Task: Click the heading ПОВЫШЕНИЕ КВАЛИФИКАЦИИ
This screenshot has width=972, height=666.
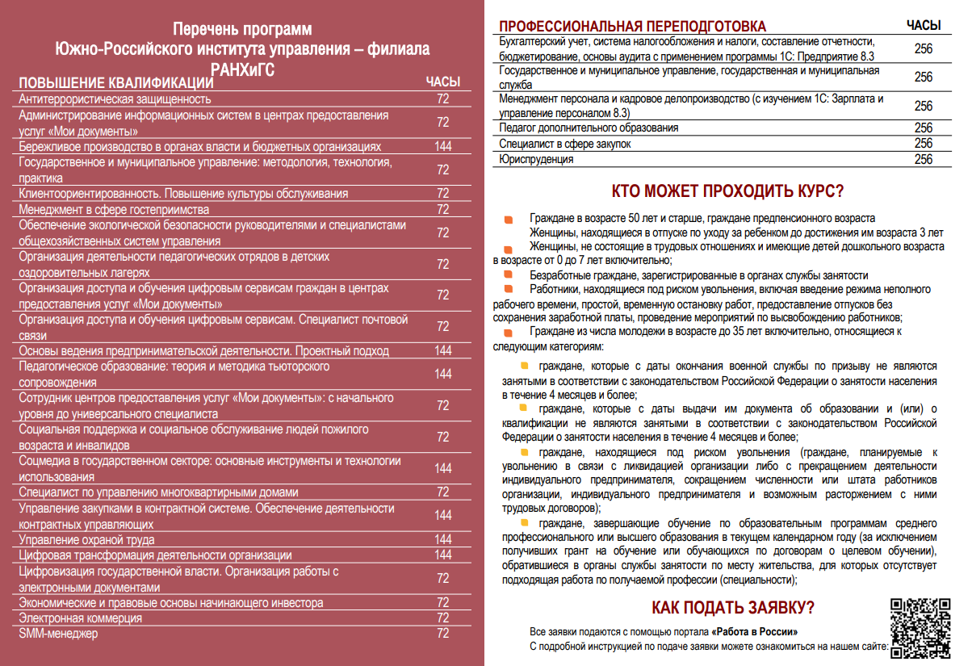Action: coord(115,83)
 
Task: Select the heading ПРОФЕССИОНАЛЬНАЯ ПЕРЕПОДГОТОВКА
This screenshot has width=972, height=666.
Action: coord(633,27)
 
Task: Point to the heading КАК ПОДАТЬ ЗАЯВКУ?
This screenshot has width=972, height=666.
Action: coord(732,608)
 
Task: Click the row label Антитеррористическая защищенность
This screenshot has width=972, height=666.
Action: coord(115,99)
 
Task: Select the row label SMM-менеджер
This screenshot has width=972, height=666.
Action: coord(58,634)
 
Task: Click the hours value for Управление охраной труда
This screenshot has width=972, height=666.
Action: coord(442,539)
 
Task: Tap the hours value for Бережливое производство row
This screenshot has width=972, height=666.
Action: coord(442,147)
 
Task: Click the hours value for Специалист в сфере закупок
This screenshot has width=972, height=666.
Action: coord(924,144)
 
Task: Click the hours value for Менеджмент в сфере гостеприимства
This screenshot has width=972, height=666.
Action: coord(442,210)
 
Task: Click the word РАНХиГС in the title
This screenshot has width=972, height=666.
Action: coord(242,68)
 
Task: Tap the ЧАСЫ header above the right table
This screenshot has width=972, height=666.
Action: coord(924,26)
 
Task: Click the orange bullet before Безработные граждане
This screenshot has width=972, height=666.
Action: coord(509,275)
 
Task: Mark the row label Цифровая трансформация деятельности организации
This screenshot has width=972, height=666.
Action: coord(155,555)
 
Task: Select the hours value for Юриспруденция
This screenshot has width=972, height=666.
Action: coord(924,159)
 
